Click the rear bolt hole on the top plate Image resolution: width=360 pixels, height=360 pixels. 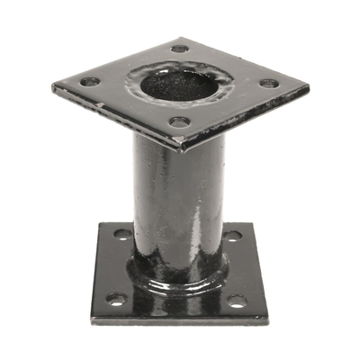click(x=179, y=49)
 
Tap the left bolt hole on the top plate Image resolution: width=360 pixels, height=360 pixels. click(x=90, y=82)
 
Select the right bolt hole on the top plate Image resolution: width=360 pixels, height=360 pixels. click(x=268, y=84)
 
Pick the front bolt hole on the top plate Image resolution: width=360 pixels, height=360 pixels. click(x=180, y=122)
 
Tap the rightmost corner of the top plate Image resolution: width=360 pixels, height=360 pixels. click(x=308, y=89)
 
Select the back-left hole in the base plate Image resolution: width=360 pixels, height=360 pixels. click(x=122, y=234)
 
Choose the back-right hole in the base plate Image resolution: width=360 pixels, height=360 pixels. click(x=232, y=236)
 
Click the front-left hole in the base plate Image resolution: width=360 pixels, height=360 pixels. click(x=114, y=298)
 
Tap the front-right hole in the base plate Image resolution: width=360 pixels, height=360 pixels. click(x=240, y=301)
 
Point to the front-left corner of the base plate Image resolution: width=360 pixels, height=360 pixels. click(x=92, y=321)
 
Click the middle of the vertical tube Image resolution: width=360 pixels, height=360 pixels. click(x=178, y=198)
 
